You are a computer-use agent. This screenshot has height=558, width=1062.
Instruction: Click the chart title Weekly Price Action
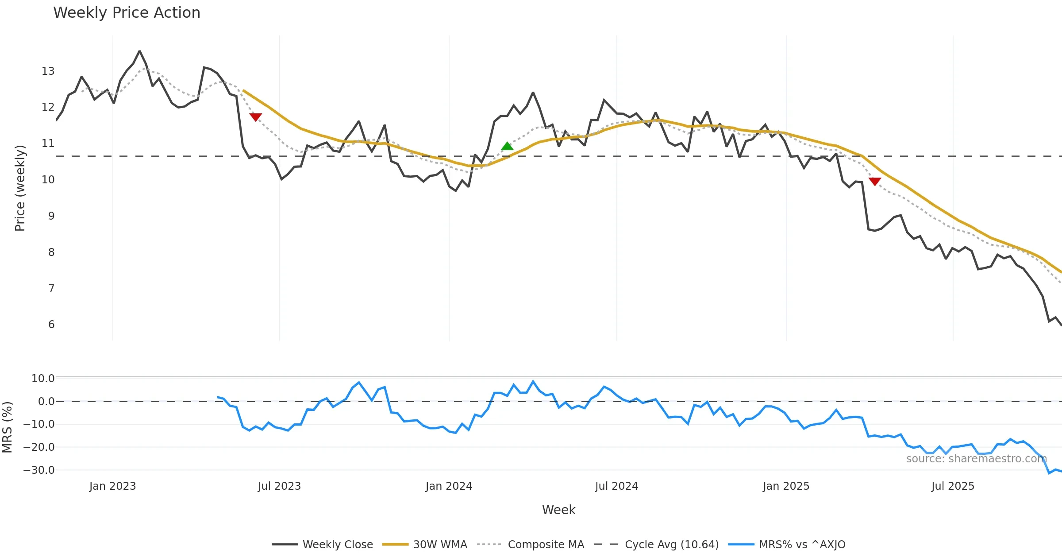pos(127,13)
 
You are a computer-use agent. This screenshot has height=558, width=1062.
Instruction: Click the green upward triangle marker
pos(507,146)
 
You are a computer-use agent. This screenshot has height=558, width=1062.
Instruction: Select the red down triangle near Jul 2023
pos(256,117)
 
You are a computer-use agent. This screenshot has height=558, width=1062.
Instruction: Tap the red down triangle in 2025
pos(875,182)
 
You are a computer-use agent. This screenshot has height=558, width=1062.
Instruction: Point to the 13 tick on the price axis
pos(48,71)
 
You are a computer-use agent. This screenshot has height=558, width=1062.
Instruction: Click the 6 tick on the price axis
pos(51,325)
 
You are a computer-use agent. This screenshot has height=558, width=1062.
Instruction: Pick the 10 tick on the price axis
pos(48,180)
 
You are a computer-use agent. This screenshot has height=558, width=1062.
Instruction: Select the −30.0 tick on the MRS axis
pos(39,470)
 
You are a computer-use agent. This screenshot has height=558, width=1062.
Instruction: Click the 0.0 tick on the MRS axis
pos(46,402)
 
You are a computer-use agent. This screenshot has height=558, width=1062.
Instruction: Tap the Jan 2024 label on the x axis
pos(449,486)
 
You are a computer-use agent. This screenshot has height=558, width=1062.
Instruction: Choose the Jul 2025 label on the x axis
pos(953,486)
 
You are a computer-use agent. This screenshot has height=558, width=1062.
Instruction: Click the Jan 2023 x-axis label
pos(112,486)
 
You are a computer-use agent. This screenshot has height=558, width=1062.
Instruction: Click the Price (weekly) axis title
pos(20,188)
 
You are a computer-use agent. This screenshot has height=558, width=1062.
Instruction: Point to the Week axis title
pos(558,510)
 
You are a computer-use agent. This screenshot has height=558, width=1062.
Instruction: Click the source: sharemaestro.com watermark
pos(976,459)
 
